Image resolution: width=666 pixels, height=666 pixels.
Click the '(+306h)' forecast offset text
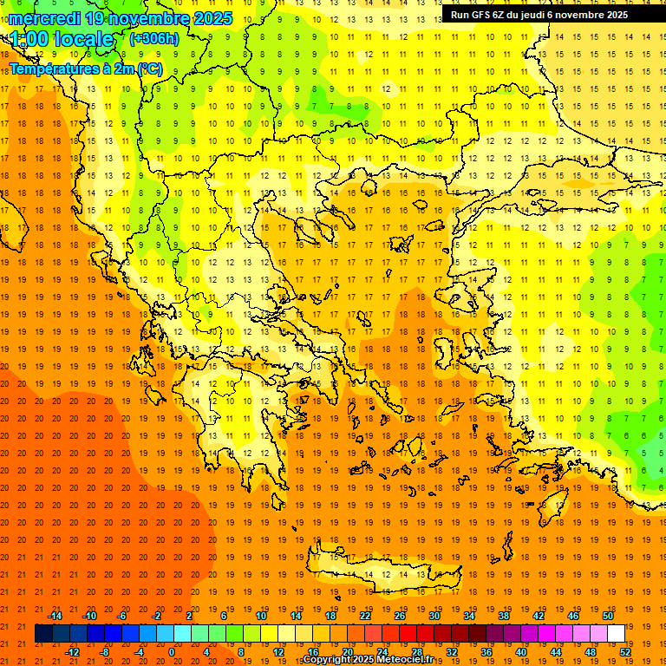(x=153, y=38)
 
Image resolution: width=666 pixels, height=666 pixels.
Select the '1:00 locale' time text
(x=62, y=39)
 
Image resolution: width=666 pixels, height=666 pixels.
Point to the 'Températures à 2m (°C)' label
(x=85, y=69)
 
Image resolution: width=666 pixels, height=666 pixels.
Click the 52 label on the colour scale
(x=625, y=652)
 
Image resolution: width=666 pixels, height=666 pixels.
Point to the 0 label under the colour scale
(x=171, y=652)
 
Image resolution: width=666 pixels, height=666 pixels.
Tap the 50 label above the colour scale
(x=608, y=616)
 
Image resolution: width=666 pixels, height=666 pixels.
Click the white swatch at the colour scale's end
(x=617, y=634)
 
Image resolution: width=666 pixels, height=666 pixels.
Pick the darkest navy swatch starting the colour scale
(x=43, y=634)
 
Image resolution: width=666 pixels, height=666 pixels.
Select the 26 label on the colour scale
(x=400, y=616)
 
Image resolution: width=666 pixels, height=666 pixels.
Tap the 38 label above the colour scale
(x=504, y=616)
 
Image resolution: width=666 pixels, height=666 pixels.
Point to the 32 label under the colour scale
(x=452, y=652)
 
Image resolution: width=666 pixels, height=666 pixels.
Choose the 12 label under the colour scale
(x=278, y=652)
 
